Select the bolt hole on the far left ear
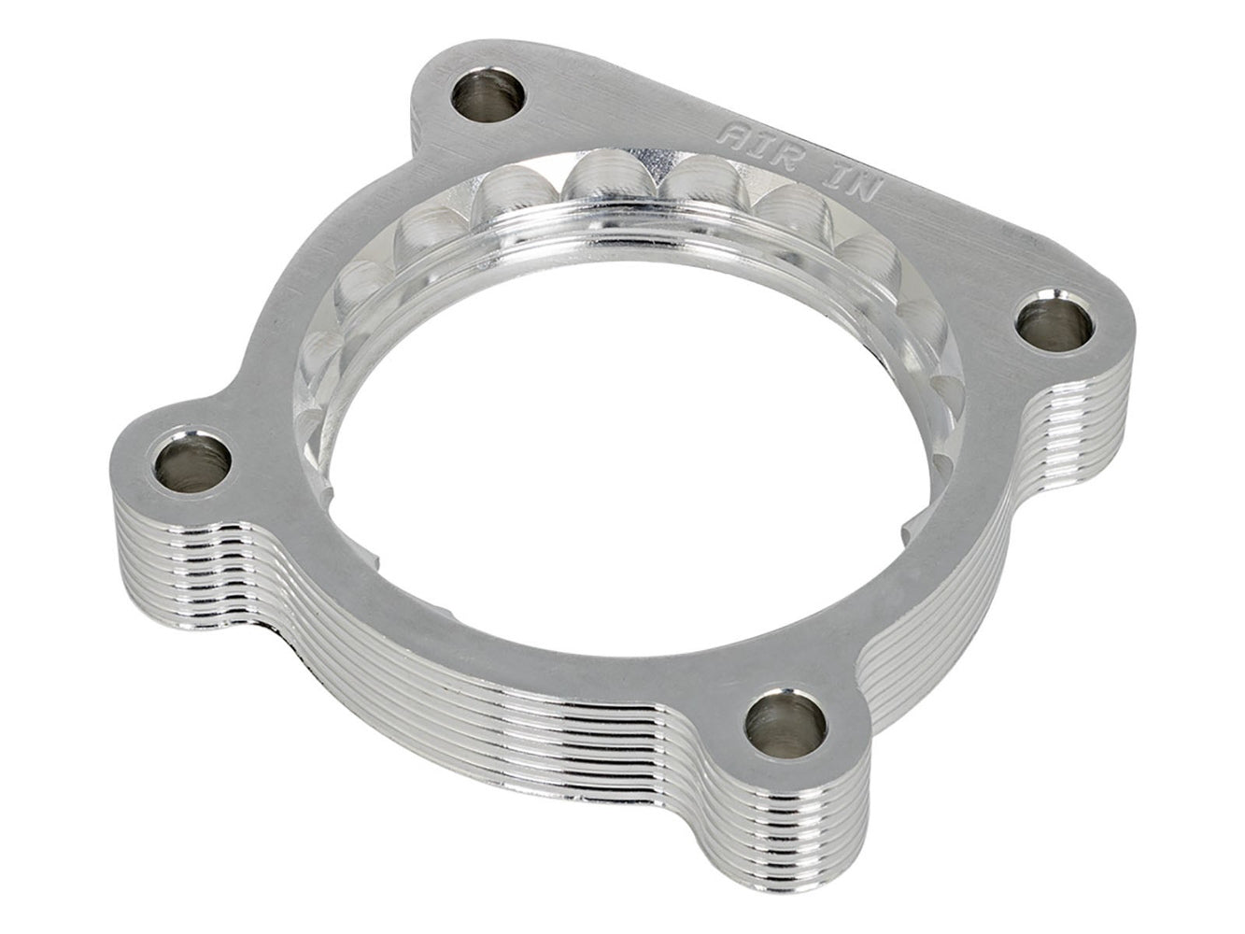point(194,458)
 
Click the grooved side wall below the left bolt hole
point(177,551)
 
